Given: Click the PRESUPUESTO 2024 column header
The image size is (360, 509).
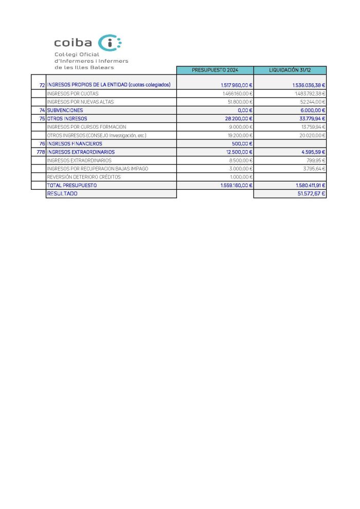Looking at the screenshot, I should point(215,70).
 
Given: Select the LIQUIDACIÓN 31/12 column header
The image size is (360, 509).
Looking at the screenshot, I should point(290,70).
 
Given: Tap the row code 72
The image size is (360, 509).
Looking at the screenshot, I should point(42,85).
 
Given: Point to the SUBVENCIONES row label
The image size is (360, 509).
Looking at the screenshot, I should point(65,110).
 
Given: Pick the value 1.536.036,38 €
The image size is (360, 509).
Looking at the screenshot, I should point(306,85).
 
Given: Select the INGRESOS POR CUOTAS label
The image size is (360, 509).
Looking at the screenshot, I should point(73,94).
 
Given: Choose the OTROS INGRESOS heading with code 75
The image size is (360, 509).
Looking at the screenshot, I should point(67,118).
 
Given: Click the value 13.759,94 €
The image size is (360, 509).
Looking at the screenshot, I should point(311,126).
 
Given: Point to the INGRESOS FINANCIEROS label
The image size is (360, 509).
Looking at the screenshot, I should point(75,143).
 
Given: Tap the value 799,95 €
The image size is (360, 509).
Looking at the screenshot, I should point(315,160).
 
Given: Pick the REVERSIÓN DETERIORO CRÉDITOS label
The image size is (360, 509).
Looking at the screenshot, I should point(83,177).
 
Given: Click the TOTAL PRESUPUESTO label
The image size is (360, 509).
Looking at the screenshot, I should point(72,185).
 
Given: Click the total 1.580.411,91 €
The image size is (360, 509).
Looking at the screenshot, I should point(306,185).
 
